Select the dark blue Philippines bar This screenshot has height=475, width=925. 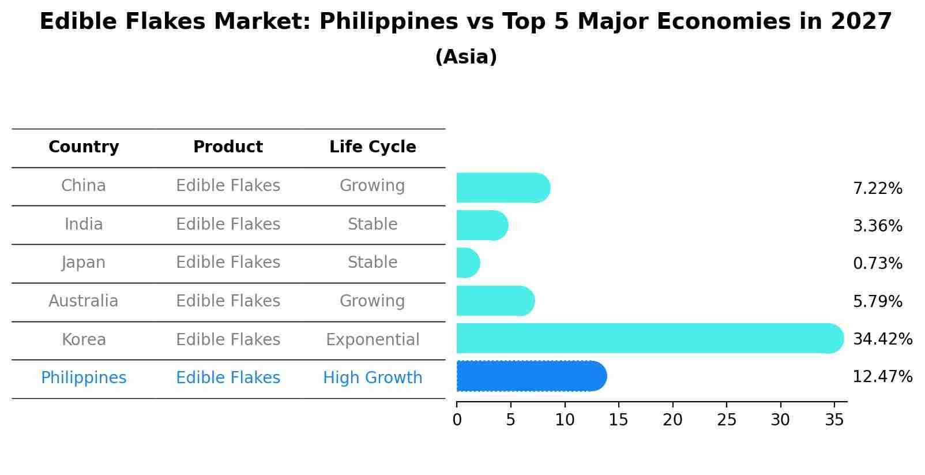[531, 376]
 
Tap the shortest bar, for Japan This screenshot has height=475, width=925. [468, 263]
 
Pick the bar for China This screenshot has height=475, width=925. [502, 188]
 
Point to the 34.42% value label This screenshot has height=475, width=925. [882, 339]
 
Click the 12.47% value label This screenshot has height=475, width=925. [882, 377]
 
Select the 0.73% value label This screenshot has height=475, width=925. [877, 264]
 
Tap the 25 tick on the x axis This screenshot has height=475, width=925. [727, 420]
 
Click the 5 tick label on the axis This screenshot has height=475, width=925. [510, 420]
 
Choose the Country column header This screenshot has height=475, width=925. [84, 147]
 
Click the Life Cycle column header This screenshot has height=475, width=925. [373, 147]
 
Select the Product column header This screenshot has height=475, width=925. [228, 147]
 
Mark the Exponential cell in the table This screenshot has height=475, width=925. [373, 339]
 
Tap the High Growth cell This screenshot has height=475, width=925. [373, 378]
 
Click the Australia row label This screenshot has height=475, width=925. [84, 301]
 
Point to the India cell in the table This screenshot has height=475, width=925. [84, 224]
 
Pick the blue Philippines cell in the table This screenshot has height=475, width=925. [84, 378]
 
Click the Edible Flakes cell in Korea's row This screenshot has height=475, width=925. [228, 339]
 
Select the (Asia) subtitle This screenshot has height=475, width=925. [466, 57]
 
